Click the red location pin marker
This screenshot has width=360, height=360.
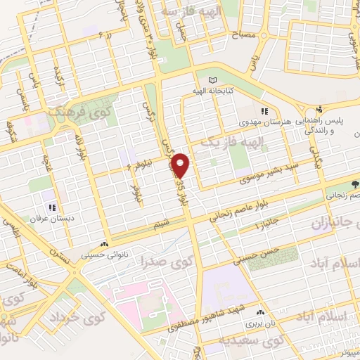(x=181, y=165)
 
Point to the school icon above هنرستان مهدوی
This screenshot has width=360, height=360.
(x=264, y=111)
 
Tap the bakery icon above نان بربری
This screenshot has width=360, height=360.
(x=261, y=312)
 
